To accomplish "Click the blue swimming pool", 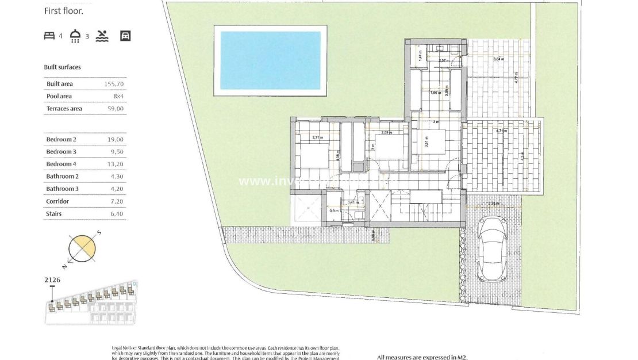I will point(270,60).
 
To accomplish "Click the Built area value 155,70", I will point(114,84).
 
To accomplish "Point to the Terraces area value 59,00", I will point(116,109).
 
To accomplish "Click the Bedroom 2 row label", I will point(62,139).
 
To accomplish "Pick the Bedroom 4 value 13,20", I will point(116,164).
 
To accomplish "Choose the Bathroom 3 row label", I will point(62,189).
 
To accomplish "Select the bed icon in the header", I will point(49,36).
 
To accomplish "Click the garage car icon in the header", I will point(125,36).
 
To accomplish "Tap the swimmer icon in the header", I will point(102,36).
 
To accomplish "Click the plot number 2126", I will point(52,280).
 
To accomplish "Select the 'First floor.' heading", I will point(63,11).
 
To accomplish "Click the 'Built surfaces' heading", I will point(63,67).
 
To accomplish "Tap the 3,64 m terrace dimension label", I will point(499,59).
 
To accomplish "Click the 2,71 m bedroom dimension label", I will point(317,137).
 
